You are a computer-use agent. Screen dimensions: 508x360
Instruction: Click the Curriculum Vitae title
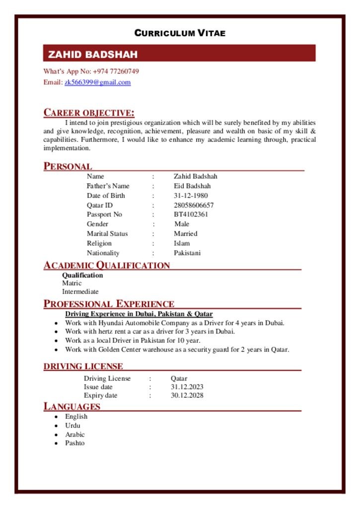tap(180, 33)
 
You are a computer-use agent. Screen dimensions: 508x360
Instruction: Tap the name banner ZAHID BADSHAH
tap(92, 54)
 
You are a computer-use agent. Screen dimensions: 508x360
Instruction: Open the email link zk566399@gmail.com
tap(97, 82)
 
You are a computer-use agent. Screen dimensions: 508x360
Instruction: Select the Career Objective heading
tap(89, 113)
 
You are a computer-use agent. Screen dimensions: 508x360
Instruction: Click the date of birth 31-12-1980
tap(191, 195)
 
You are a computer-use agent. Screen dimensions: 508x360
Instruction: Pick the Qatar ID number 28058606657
tap(194, 205)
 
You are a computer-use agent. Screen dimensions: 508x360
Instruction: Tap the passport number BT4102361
tap(191, 214)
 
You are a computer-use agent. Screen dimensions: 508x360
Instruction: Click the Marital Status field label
tap(107, 234)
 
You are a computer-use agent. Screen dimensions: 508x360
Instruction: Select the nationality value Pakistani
tap(187, 253)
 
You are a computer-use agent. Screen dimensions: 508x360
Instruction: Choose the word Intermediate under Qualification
tap(80, 292)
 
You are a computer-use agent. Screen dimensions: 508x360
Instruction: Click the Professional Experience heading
tap(109, 304)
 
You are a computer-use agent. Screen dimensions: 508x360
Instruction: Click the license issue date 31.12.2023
tap(187, 387)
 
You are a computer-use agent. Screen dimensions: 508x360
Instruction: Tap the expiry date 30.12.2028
tap(187, 395)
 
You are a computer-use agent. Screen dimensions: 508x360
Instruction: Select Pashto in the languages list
tap(75, 443)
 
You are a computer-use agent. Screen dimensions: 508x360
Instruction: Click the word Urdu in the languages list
tap(72, 426)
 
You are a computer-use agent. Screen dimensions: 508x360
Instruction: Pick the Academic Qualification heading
tap(107, 265)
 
